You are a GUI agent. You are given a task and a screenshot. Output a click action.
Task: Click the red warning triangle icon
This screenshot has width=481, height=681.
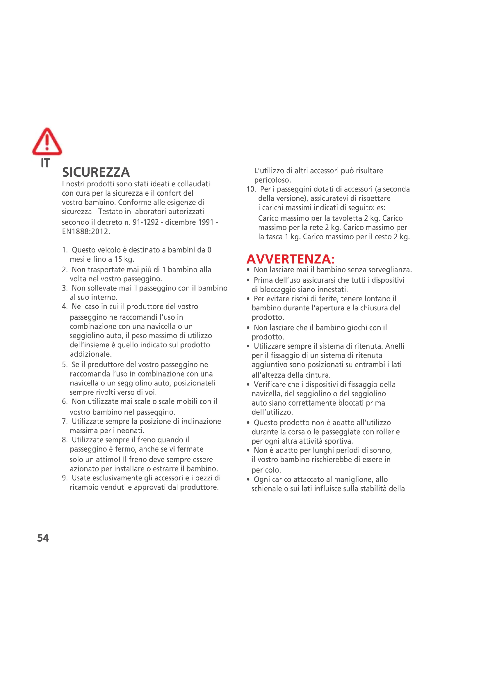click(x=47, y=142)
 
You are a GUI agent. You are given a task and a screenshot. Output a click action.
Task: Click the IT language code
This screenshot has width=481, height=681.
click(x=45, y=163)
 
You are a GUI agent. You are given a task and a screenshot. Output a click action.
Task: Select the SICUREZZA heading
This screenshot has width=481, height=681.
click(x=96, y=172)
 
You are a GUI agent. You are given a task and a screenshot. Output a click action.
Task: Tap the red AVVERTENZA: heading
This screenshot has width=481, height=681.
click(x=290, y=259)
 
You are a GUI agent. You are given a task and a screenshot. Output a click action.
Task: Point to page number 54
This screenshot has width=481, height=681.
click(x=43, y=538)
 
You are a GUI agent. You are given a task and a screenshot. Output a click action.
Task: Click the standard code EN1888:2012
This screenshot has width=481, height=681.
click(x=85, y=232)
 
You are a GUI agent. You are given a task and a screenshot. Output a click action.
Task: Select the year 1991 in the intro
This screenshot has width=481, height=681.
click(x=205, y=222)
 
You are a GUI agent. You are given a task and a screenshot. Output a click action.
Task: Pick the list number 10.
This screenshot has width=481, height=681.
click(x=251, y=189)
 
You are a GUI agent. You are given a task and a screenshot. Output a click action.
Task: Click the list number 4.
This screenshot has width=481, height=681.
click(x=65, y=307)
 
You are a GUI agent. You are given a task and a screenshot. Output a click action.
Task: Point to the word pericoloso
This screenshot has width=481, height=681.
click(x=272, y=180)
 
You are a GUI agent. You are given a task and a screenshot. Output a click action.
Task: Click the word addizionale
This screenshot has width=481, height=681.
click(x=90, y=354)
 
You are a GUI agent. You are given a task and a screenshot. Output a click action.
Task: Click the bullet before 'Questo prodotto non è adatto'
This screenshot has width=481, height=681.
click(x=248, y=423)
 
